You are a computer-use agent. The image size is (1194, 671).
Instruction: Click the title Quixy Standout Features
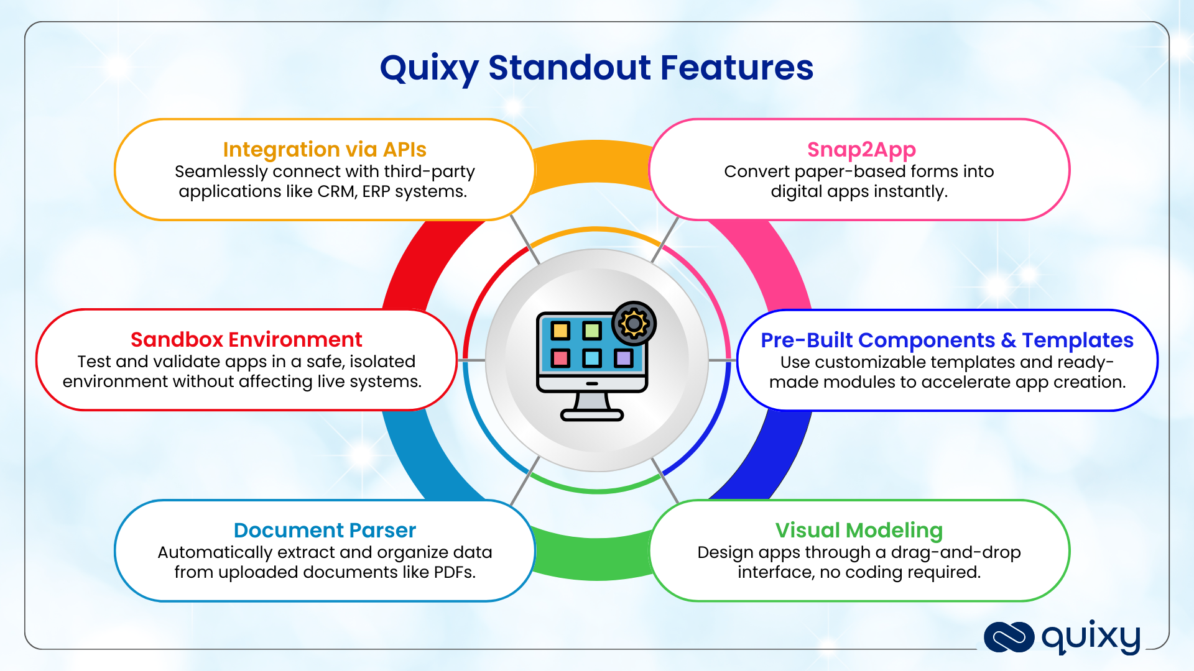pos(596,68)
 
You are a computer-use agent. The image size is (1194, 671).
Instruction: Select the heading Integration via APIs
pos(325,150)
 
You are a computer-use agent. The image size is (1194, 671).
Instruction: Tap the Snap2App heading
pos(861,150)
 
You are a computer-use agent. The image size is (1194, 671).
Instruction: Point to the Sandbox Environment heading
pos(246,340)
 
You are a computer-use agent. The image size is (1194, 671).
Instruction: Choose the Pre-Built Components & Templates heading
pos(946,340)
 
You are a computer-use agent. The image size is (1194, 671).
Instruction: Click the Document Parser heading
pos(325,531)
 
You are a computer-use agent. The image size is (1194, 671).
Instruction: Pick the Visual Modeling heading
pos(859,531)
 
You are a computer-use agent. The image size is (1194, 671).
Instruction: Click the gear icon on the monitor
pos(634,324)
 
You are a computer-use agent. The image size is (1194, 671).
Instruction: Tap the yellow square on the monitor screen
pos(560,331)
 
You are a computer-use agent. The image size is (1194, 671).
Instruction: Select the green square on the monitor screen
pos(591,331)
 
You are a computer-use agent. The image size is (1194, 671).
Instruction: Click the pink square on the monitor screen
pos(560,358)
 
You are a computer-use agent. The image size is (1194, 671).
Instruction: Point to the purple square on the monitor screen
pos(623,358)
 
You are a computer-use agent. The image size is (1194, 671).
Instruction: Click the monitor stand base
pos(592,415)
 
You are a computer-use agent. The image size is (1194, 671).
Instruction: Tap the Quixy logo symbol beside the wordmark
pos(1008,637)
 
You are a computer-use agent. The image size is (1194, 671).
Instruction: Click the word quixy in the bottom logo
pos(1091,637)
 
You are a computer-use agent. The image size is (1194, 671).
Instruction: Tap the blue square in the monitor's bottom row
pos(591,358)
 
